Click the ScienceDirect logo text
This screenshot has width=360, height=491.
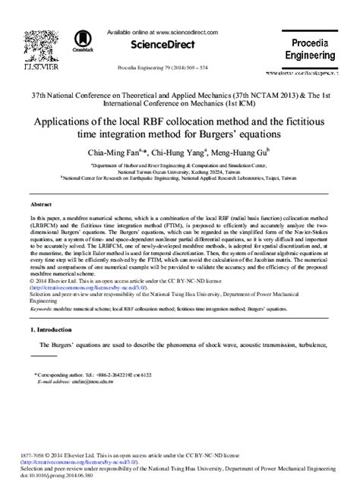tap(180, 46)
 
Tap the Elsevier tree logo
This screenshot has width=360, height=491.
tap(24, 45)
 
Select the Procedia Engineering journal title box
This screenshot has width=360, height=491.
tap(309, 50)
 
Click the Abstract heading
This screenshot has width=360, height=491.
tap(40, 205)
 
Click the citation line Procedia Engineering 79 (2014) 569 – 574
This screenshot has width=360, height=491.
tap(180, 68)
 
